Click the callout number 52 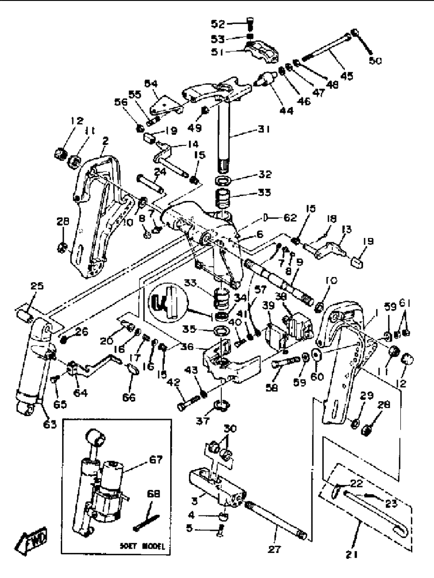tap(217, 24)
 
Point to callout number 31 tap(263, 129)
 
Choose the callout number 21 tap(353, 555)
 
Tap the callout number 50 tap(375, 61)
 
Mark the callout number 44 tap(286, 111)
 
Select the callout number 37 tap(203, 420)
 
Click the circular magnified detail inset tap(169, 303)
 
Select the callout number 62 tap(290, 218)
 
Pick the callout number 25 tap(37, 286)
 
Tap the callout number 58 tap(271, 387)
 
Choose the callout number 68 tap(153, 494)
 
